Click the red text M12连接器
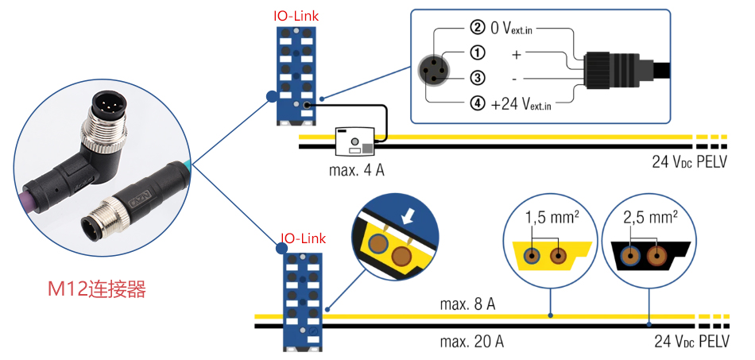97,289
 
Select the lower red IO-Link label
303,238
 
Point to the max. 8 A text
468,304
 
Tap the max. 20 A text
471,342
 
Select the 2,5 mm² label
649,216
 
